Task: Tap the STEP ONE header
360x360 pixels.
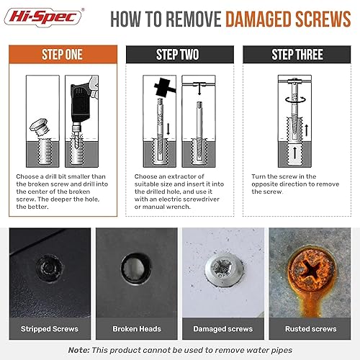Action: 63,55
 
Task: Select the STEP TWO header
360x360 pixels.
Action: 179,55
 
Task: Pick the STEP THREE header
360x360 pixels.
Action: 297,55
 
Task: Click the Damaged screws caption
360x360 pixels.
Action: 223,329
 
